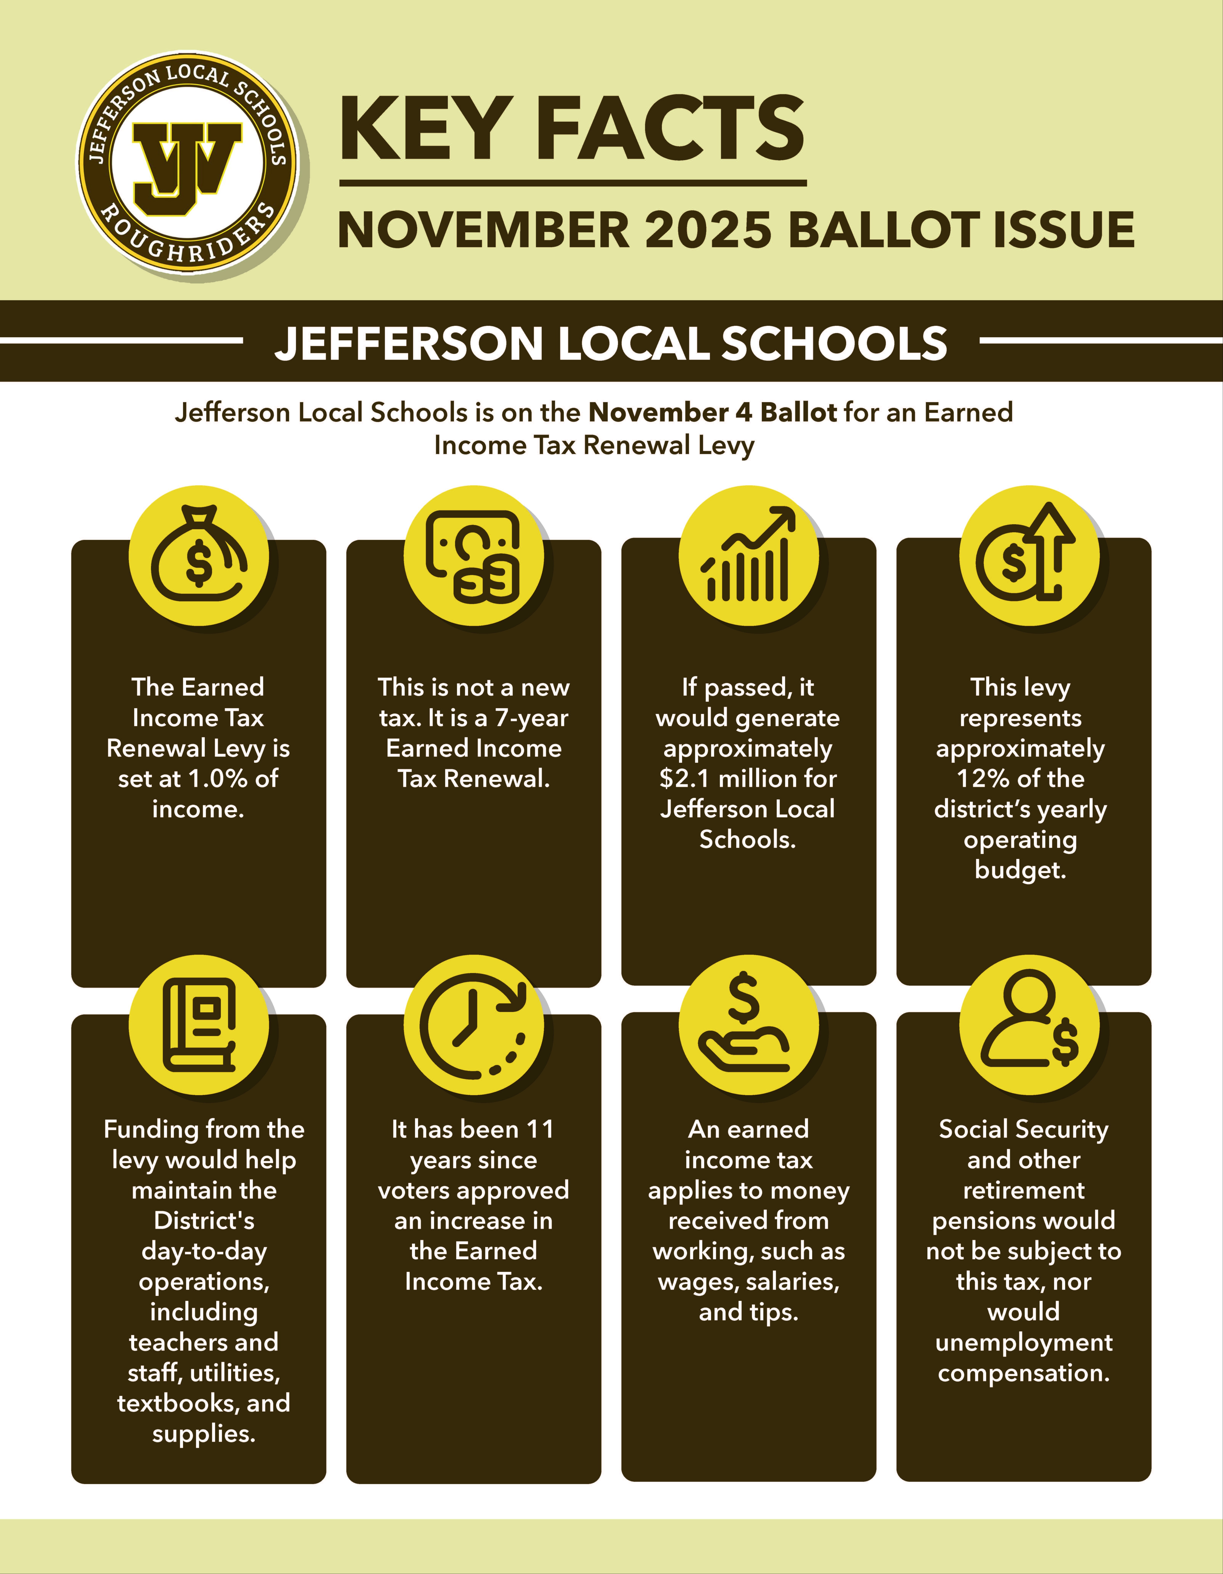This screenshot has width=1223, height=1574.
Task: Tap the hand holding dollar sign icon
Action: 746,1023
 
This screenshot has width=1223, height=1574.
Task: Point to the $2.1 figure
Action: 685,779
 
